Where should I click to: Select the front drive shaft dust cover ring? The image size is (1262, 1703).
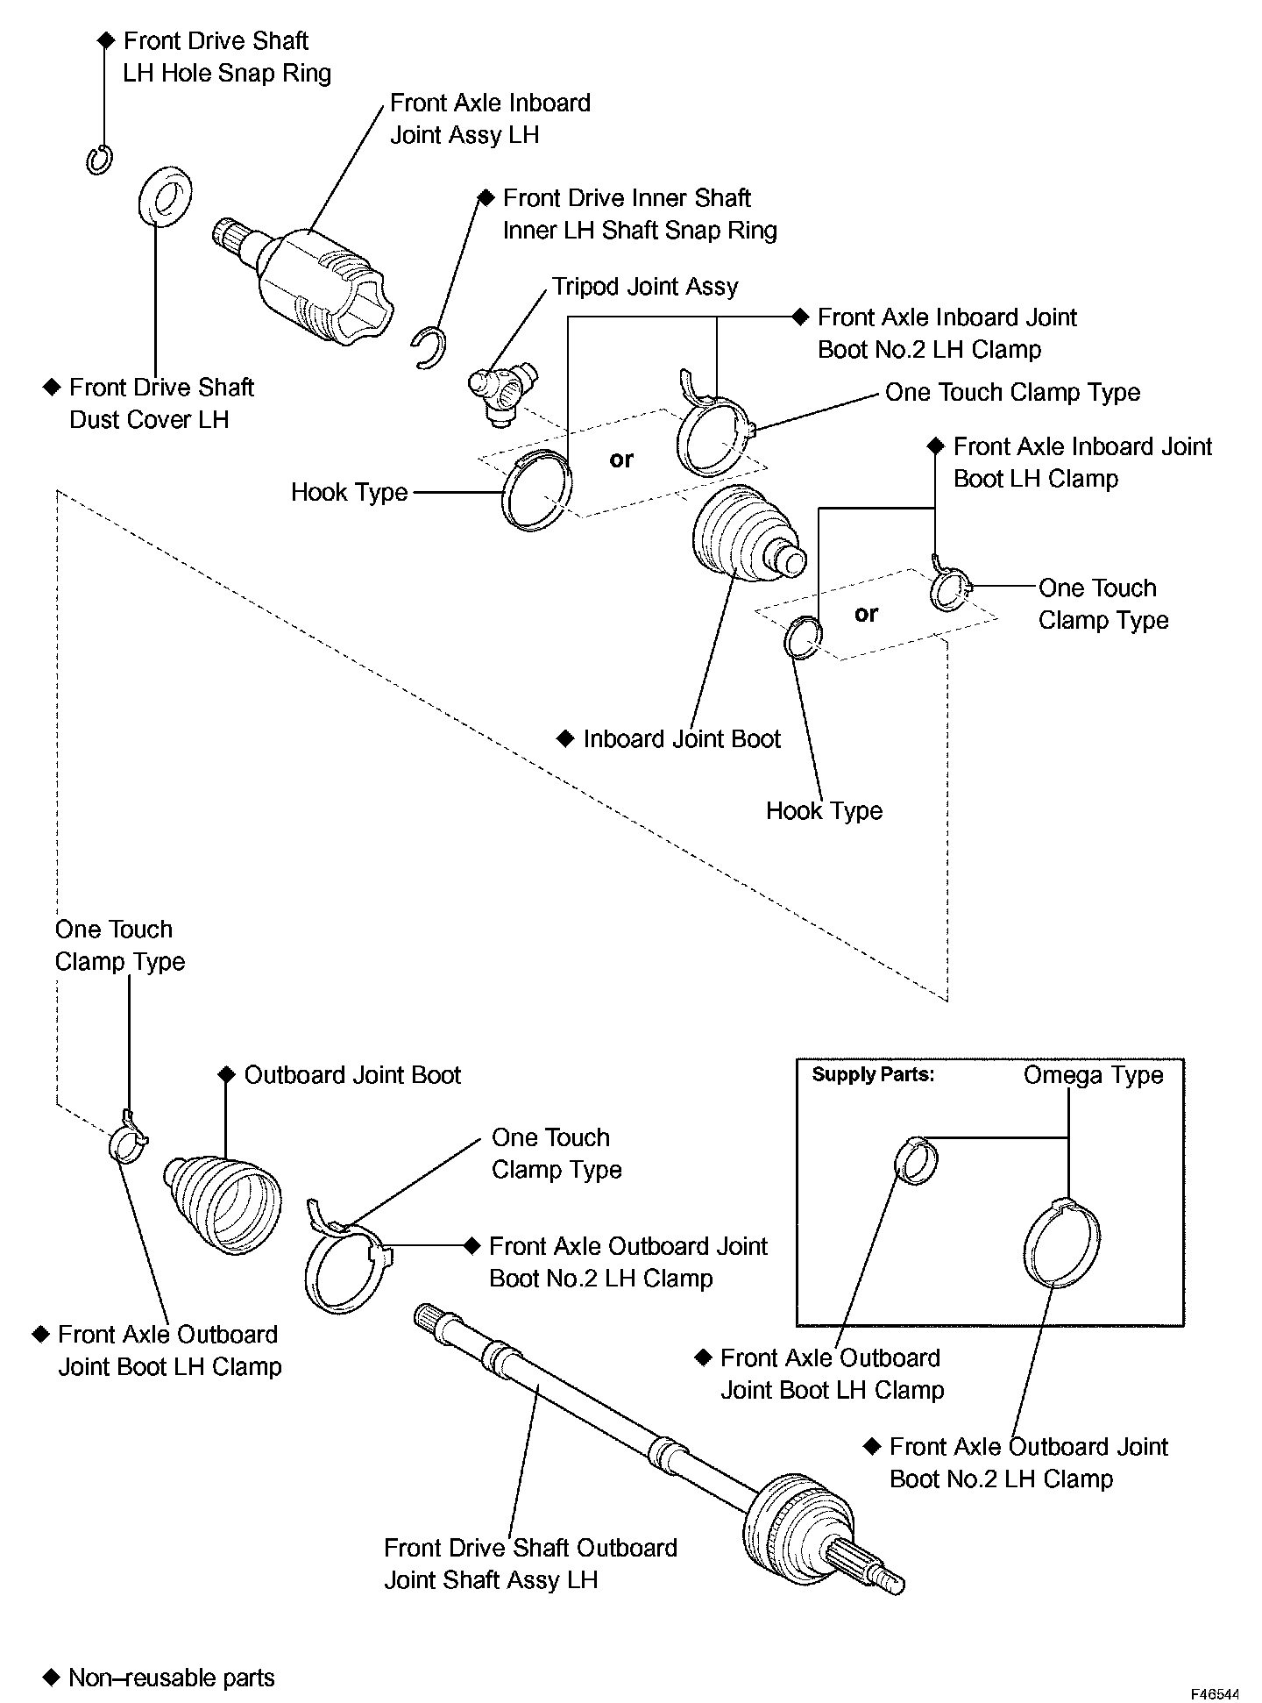pos(165,196)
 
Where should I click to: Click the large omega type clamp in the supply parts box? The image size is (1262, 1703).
pos(1061,1241)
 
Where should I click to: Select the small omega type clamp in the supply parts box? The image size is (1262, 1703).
pos(916,1160)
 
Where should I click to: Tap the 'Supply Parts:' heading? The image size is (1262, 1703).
pos(873,1075)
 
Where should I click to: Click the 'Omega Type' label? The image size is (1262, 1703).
pos(1093,1075)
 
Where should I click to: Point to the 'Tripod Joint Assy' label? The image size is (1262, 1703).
pos(644,287)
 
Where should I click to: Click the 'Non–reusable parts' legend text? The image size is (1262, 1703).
pos(171,1678)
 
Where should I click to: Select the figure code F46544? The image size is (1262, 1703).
pos(1214,1694)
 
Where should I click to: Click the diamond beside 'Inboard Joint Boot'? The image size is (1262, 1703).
pos(565,738)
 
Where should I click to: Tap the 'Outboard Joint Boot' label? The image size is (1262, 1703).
pos(352,1075)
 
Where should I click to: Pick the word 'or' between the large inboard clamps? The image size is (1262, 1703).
pos(621,460)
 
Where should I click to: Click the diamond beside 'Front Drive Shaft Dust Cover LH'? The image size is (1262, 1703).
pos(52,387)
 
